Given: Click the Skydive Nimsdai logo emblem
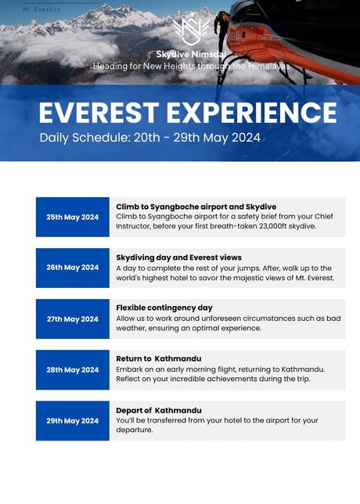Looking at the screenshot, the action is tap(191, 31).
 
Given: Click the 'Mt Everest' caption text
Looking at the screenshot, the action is tap(41, 9).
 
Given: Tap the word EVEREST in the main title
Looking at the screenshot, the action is tap(99, 113).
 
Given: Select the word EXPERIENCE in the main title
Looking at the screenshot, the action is tap(252, 113).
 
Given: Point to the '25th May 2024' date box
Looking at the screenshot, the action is tap(73, 217).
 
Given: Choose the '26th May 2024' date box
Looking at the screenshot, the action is tap(73, 268).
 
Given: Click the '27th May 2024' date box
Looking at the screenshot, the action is tap(73, 319).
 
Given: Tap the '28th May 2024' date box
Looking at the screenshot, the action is tap(73, 369).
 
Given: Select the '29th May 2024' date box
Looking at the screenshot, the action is tap(73, 421).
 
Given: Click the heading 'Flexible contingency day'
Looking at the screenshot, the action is tap(164, 308).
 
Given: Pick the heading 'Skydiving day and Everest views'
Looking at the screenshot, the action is tap(178, 257).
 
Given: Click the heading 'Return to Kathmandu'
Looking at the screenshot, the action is tap(159, 358).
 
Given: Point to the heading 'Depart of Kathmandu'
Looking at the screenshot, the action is tap(159, 410).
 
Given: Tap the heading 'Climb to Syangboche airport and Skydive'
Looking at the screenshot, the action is tap(196, 207).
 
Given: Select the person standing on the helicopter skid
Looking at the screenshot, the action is tap(221, 29).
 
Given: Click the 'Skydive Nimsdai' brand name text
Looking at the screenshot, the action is tap(191, 54).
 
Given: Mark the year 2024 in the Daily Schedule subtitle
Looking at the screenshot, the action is tap(246, 138).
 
